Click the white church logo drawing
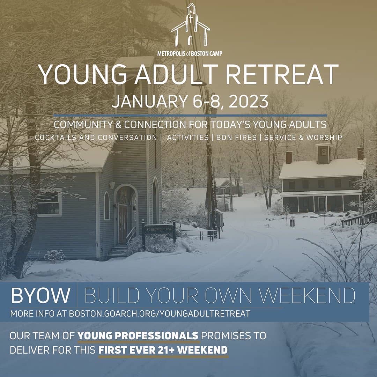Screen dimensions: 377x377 (190, 25)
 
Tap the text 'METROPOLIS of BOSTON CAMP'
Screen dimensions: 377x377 (190, 53)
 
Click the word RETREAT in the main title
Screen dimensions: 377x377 (282, 74)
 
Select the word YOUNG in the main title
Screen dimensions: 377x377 (82, 74)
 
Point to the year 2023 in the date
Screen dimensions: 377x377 (249, 101)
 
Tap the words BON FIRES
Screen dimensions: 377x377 (236, 138)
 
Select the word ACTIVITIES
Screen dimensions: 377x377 (188, 138)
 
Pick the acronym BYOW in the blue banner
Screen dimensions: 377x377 (40, 295)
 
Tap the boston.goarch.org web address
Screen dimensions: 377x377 (160, 313)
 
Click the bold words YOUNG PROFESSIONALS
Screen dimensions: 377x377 (138, 335)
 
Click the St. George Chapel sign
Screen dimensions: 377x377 (159, 229)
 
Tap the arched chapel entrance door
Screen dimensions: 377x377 (123, 224)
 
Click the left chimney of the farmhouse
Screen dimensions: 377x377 (289, 157)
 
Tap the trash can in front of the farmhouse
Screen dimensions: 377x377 (292, 222)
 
